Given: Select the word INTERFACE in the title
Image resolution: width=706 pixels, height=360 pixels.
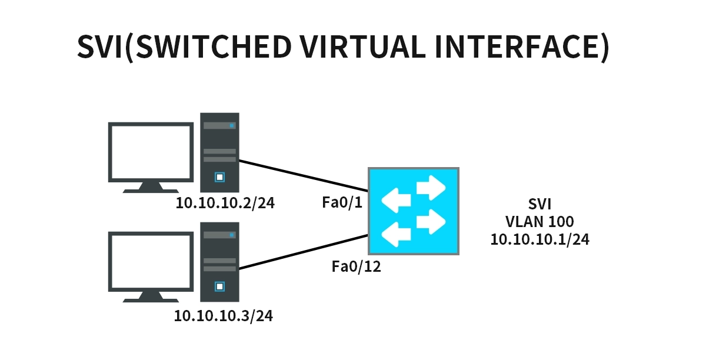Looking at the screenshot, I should click(x=518, y=46).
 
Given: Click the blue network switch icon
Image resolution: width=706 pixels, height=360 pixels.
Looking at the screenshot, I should click(x=414, y=211).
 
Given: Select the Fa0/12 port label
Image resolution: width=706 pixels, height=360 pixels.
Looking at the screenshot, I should click(x=357, y=266).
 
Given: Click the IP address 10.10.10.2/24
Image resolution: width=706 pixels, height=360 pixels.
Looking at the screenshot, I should click(x=225, y=204).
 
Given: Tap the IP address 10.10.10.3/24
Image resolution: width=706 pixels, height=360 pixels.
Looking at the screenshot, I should click(x=224, y=316).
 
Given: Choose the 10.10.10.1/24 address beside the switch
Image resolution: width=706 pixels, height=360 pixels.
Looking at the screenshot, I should click(x=540, y=239).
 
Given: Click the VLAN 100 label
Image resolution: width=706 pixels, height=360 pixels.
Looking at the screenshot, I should click(x=540, y=222).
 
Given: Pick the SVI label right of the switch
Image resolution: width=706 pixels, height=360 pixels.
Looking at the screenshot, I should click(x=540, y=205).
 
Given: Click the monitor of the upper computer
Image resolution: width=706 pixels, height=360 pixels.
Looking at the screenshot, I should click(x=151, y=152).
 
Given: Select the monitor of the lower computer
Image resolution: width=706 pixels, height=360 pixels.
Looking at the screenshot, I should click(x=151, y=262).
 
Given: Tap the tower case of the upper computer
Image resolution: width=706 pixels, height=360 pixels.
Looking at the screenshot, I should click(x=219, y=152).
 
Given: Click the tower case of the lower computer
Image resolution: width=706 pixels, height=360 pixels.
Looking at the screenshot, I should click(x=219, y=262).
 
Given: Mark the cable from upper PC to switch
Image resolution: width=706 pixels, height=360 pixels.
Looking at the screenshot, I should click(x=303, y=175).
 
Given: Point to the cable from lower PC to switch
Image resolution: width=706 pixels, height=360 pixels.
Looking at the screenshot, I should click(x=303, y=252).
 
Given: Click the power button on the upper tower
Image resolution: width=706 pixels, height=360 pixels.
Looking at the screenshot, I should click(x=219, y=176).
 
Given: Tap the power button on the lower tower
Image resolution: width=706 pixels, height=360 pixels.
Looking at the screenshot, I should click(x=219, y=286).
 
